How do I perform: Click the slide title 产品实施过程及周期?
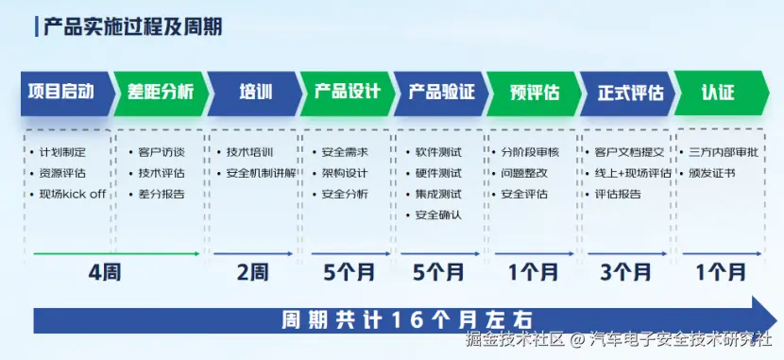point(132,26)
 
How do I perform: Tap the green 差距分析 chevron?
point(161,94)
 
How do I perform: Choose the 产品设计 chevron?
point(348,94)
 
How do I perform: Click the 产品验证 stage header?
point(441,94)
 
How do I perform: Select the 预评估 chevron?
point(535,94)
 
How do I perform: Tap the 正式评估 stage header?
point(628,94)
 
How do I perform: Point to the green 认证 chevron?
point(722,94)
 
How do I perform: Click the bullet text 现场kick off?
point(73,194)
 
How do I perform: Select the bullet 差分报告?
point(162,194)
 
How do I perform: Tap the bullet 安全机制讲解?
point(262,173)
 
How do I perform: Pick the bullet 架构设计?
point(346,173)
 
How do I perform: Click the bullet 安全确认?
point(438,215)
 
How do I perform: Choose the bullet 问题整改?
point(524,173)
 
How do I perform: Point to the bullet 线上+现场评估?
point(633,173)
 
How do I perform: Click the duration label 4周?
point(105,273)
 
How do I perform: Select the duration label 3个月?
point(626,273)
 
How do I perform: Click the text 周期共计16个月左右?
point(407,320)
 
